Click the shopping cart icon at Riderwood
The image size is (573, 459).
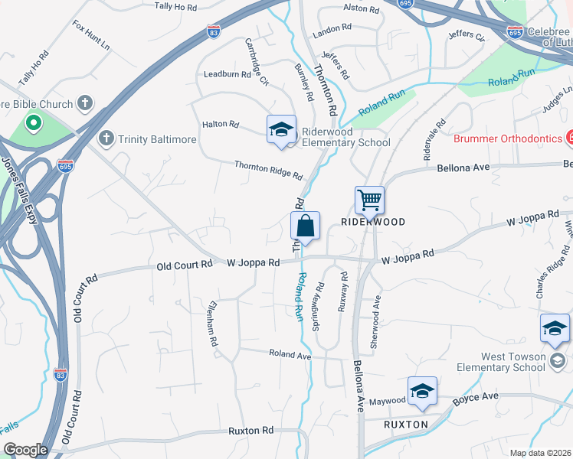pyautogui.click(x=369, y=201)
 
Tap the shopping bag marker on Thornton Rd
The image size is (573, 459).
pyautogui.click(x=305, y=227)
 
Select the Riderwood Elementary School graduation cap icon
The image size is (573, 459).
pyautogui.click(x=281, y=129)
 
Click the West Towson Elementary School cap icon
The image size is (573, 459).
pyautogui.click(x=555, y=328)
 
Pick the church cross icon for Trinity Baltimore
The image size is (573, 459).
pyautogui.click(x=106, y=139)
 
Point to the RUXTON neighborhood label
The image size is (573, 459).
pyautogui.click(x=405, y=423)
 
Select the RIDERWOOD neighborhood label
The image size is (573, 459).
pyautogui.click(x=372, y=221)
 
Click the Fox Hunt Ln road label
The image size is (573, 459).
pyautogui.click(x=91, y=36)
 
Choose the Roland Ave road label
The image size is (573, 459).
pyautogui.click(x=290, y=354)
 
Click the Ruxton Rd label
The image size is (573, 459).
pyautogui.click(x=250, y=431)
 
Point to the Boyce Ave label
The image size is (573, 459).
pyautogui.click(x=475, y=396)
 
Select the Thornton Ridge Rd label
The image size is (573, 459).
pyautogui.click(x=268, y=170)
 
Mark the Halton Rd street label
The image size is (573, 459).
pyautogui.click(x=221, y=124)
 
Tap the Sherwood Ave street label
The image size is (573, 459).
pyautogui.click(x=375, y=327)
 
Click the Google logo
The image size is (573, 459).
pyautogui.click(x=25, y=450)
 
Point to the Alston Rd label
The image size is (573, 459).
pyautogui.click(x=362, y=9)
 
